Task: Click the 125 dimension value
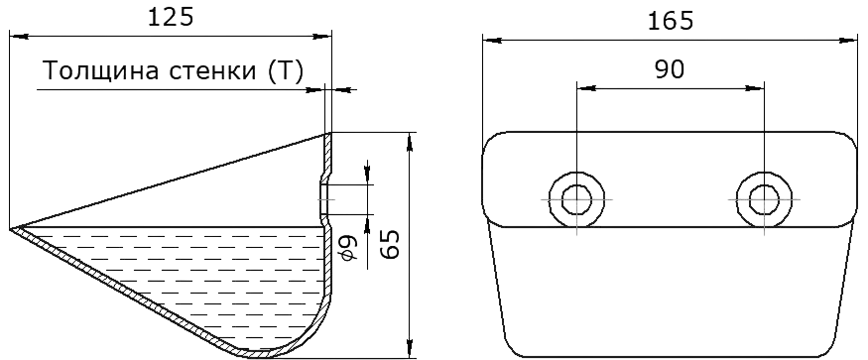171,17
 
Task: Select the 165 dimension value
671,21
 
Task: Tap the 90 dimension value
671,69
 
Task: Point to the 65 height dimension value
390,243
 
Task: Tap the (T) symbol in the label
285,71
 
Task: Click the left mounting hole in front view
576,198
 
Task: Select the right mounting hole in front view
765,198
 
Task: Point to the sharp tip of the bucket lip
10,228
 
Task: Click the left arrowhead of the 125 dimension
19,37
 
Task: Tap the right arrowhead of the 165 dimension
848,41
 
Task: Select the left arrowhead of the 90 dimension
586,87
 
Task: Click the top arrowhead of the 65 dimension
410,142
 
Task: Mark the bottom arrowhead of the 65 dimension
410,349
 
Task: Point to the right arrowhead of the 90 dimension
755,87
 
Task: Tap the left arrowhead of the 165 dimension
492,41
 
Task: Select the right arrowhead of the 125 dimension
322,37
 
